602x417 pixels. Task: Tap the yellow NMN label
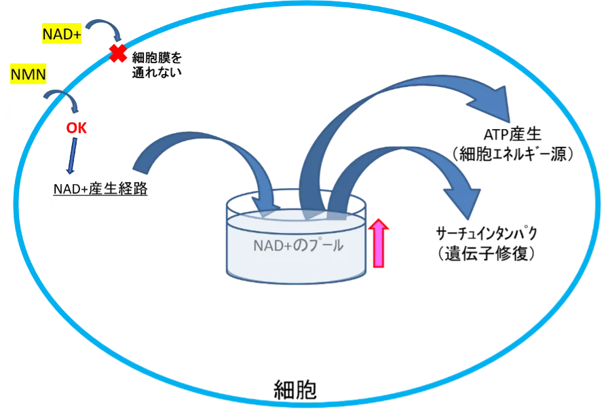click(x=28, y=74)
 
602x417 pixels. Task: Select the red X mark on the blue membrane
click(x=119, y=54)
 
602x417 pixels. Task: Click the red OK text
click(x=77, y=128)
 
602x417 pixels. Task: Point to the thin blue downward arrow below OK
click(x=73, y=156)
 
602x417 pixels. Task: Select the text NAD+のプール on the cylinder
click(x=298, y=246)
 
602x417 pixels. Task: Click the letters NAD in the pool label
click(x=266, y=246)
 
